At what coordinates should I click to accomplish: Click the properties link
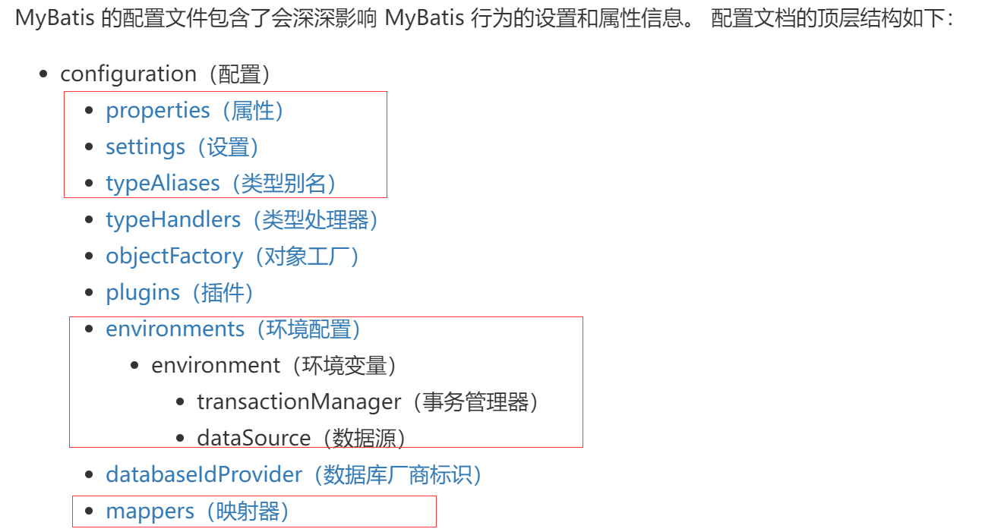(x=157, y=111)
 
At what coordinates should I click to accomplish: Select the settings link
(x=146, y=147)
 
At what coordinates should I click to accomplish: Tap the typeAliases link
(x=163, y=184)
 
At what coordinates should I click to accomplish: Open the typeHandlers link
(x=173, y=220)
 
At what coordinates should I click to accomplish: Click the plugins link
(x=143, y=293)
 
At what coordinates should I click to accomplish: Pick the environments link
(x=175, y=329)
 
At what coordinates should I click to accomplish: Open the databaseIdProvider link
(x=204, y=475)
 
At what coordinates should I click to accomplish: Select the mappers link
(x=150, y=512)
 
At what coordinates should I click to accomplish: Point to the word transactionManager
(x=298, y=402)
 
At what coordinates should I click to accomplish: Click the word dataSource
(x=254, y=439)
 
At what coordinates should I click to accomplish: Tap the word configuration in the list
(x=128, y=74)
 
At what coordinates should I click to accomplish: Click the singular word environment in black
(x=216, y=366)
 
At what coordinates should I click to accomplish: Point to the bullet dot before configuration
(x=44, y=74)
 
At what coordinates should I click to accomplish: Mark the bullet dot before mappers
(x=90, y=512)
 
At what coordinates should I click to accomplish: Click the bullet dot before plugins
(x=90, y=293)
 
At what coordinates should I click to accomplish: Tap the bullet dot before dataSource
(x=181, y=439)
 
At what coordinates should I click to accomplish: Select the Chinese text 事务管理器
(x=475, y=402)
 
